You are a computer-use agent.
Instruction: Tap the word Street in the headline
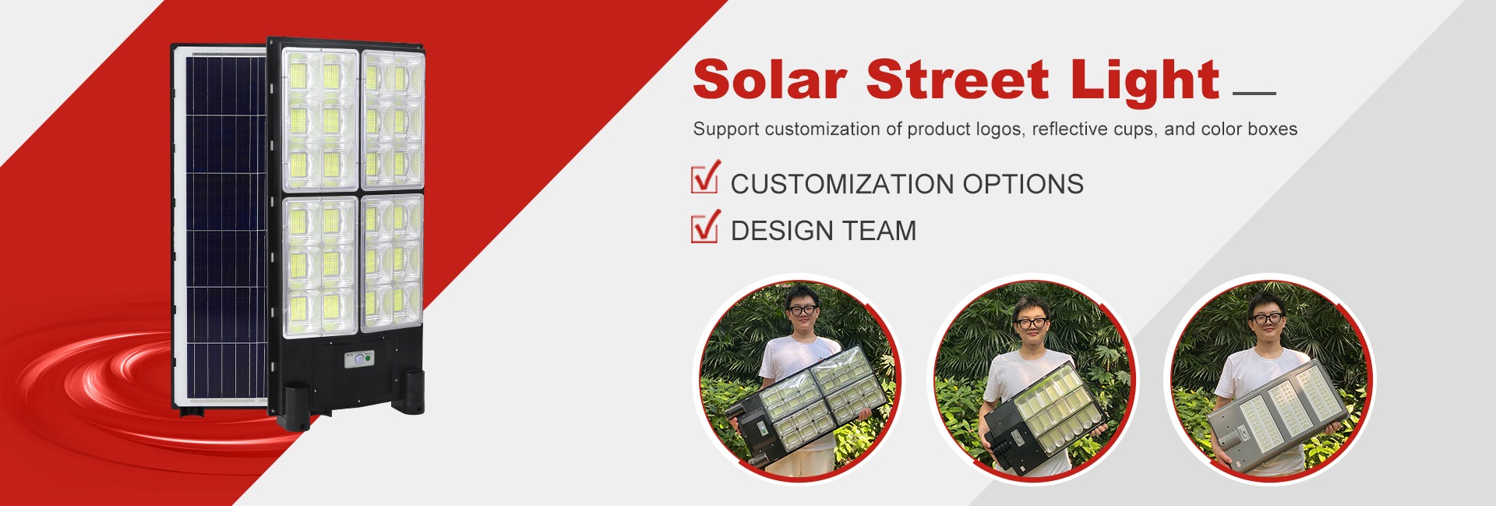[x=958, y=80]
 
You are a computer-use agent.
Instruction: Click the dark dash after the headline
[x=1254, y=93]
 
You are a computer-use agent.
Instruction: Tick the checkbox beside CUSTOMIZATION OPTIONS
[x=705, y=177]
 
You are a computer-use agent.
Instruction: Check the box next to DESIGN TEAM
[x=705, y=227]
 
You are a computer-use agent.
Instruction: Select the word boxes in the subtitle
[x=1272, y=129]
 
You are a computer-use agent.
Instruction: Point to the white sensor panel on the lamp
[x=359, y=359]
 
